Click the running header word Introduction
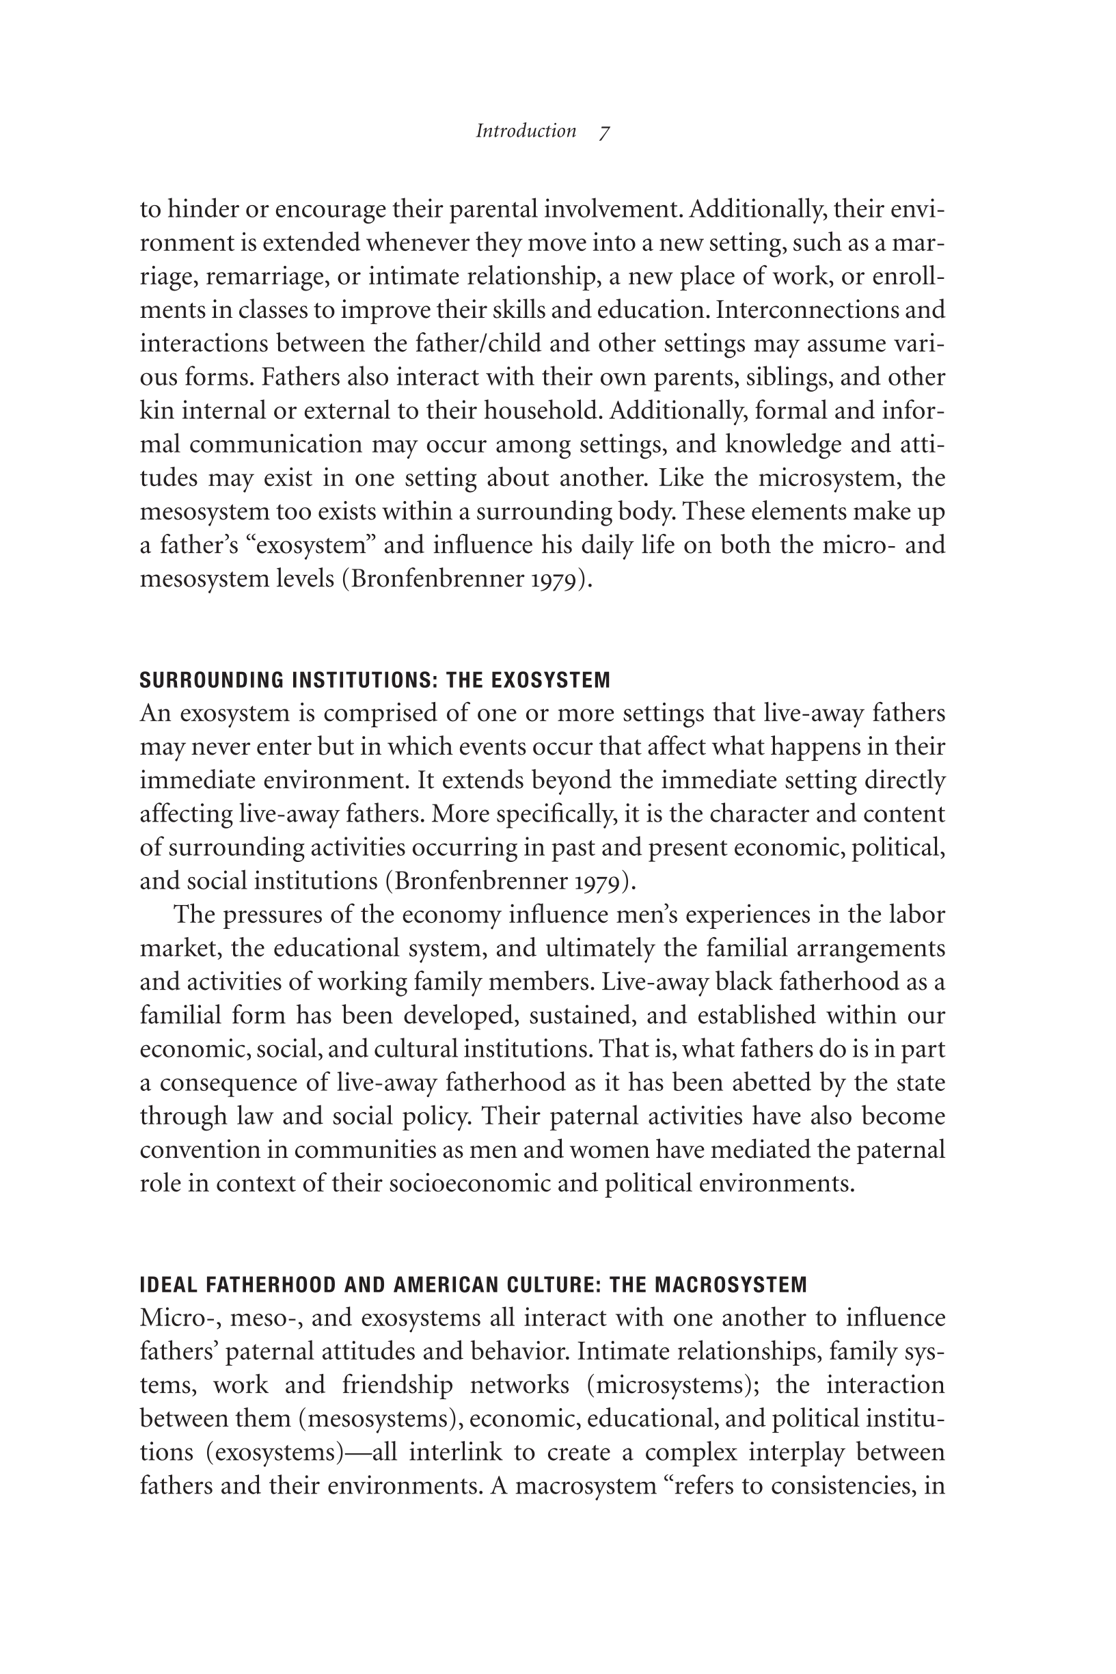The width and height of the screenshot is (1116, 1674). click(526, 131)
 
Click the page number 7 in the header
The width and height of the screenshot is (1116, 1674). click(604, 132)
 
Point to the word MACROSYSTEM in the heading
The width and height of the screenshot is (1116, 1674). click(731, 1284)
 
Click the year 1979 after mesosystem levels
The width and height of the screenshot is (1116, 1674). click(558, 580)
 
